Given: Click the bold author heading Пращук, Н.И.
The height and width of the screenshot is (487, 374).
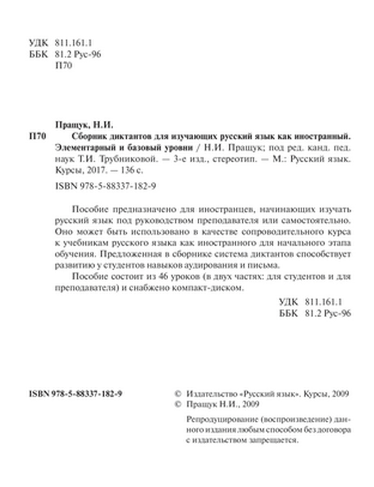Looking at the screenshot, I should [84, 125].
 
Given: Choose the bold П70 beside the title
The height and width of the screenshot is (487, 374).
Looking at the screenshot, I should [37, 136].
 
